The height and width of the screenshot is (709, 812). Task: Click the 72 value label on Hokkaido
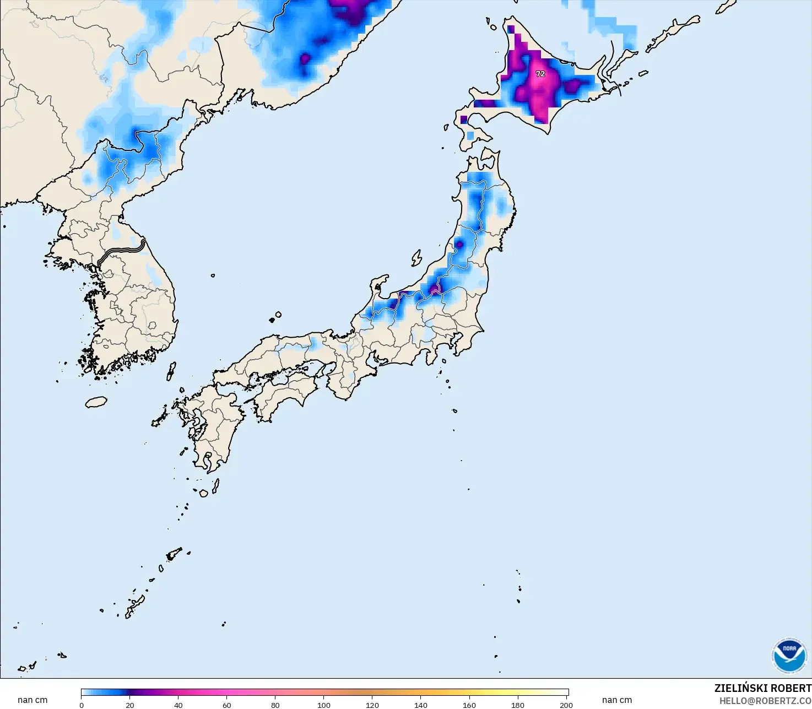540,74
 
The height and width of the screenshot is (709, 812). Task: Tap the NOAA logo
789,655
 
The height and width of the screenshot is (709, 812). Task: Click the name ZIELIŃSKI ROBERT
762,688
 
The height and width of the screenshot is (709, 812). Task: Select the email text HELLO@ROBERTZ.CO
765,701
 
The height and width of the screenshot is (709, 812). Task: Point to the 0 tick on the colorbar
82,705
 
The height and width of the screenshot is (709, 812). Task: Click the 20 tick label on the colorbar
130,705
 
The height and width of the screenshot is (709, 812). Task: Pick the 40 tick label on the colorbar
178,705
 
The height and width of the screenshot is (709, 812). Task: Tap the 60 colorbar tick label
227,705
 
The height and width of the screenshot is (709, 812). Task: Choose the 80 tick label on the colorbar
275,705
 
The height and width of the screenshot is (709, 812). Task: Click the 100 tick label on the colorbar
324,705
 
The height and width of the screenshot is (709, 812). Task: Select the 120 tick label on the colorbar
372,705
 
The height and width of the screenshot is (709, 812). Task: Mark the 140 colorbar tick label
421,705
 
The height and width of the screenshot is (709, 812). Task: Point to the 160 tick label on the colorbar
469,705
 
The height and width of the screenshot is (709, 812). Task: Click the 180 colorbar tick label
518,705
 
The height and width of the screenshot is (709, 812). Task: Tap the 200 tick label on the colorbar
566,705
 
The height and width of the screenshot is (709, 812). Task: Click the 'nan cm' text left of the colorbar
33,700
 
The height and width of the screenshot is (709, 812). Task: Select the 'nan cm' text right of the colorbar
617,700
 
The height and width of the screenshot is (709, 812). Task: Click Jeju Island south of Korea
96,402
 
